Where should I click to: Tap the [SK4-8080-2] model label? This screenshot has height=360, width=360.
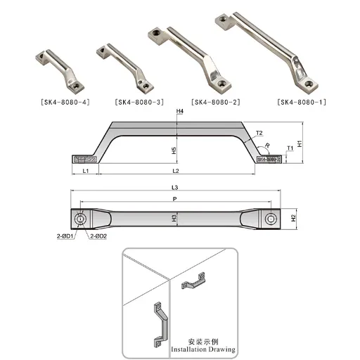click(215, 101)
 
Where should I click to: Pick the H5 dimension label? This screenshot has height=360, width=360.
click(174, 150)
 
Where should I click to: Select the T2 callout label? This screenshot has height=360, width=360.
click(258, 132)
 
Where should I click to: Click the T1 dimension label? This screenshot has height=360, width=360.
click(290, 148)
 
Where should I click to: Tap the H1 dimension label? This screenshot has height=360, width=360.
click(300, 143)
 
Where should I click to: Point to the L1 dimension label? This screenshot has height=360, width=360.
click(84, 171)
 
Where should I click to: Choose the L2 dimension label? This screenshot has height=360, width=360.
click(176, 171)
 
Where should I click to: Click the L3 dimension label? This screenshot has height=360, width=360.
click(175, 187)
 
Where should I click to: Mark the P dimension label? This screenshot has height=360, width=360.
click(175, 199)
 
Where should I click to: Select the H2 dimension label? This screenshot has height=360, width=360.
click(292, 219)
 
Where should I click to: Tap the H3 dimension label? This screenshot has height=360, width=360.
click(174, 219)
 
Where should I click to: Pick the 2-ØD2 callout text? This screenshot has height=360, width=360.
click(98, 236)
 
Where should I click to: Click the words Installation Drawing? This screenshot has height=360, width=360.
click(204, 348)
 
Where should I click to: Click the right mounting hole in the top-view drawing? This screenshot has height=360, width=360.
click(270, 219)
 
